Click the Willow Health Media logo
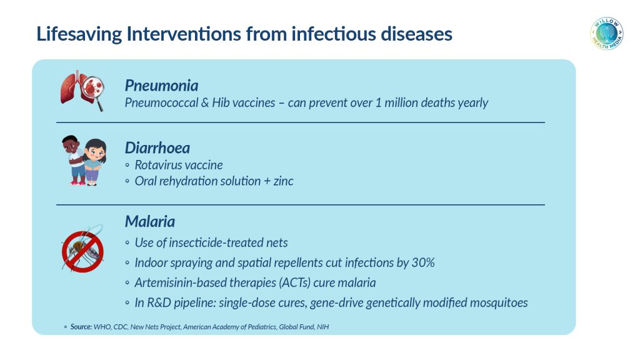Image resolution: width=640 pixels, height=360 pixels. (606, 34)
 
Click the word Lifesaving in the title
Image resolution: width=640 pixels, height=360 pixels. (79, 34)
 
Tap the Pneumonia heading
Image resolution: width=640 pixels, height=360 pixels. (162, 86)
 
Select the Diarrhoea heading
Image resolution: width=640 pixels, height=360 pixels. (157, 147)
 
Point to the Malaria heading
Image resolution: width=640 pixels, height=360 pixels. (150, 222)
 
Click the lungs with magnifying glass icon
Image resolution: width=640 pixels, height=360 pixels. (82, 90)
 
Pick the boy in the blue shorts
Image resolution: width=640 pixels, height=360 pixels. (74, 160)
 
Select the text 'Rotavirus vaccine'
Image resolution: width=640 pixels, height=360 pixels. (179, 165)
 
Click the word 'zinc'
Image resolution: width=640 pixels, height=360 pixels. (283, 181)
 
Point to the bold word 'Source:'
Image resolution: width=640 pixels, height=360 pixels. (81, 327)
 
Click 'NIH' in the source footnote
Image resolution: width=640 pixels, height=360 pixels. (322, 327)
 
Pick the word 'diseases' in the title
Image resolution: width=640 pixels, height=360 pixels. (416, 34)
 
